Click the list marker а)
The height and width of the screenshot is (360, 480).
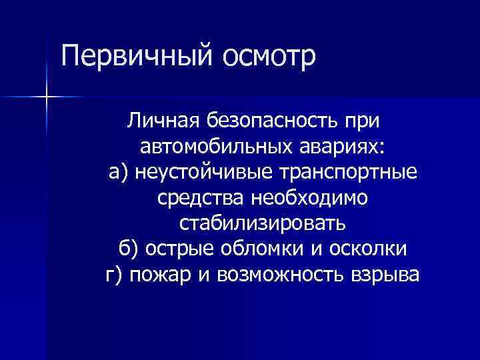tap(119, 173)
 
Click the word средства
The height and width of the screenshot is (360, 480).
tap(201, 198)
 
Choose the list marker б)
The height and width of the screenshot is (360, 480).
tap(130, 249)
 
